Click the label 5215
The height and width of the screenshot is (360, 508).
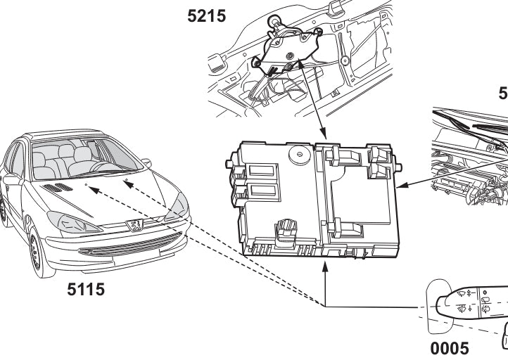[207, 15]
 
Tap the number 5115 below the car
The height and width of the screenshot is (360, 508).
[86, 288]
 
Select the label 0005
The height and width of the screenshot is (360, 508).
[449, 348]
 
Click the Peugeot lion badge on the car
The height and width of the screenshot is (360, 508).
[133, 226]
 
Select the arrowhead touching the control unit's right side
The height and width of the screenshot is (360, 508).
[402, 187]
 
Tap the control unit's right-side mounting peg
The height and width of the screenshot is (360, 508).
[400, 168]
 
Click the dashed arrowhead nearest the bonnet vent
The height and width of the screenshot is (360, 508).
[94, 187]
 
